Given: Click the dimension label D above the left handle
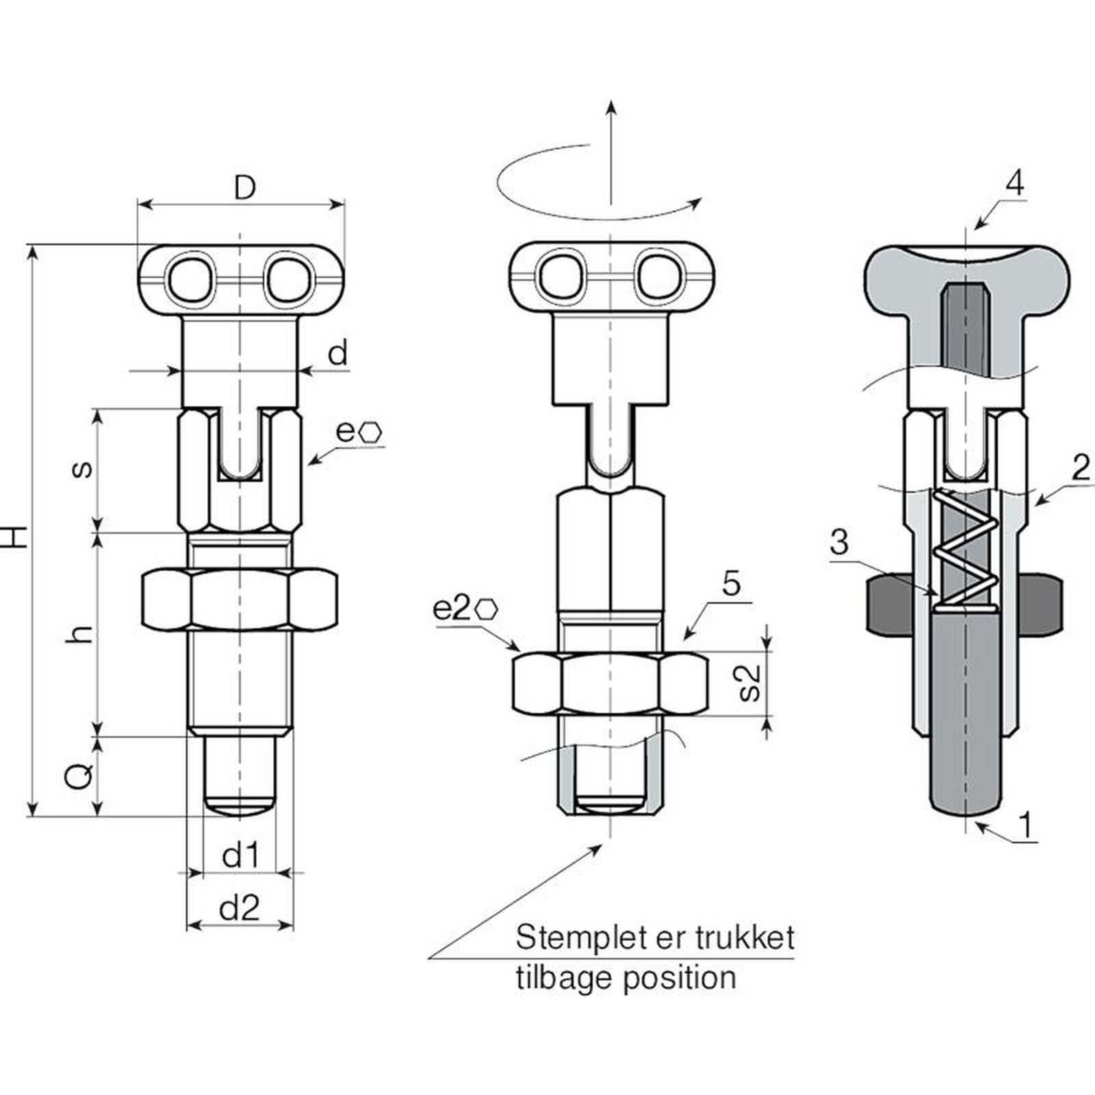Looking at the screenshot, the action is [x=244, y=187].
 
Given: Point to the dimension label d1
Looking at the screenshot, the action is [x=240, y=855].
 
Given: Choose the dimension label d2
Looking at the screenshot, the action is [x=240, y=908].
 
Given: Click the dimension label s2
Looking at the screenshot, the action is [x=750, y=682].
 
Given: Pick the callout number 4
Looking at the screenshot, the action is [x=1015, y=183].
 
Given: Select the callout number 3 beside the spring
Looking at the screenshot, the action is [x=839, y=542].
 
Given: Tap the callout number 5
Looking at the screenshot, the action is [x=732, y=584].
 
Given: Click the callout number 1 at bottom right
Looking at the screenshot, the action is [x=1025, y=825].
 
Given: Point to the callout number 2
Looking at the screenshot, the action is [x=1081, y=468].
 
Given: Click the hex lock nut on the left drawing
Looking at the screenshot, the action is [x=239, y=598].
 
